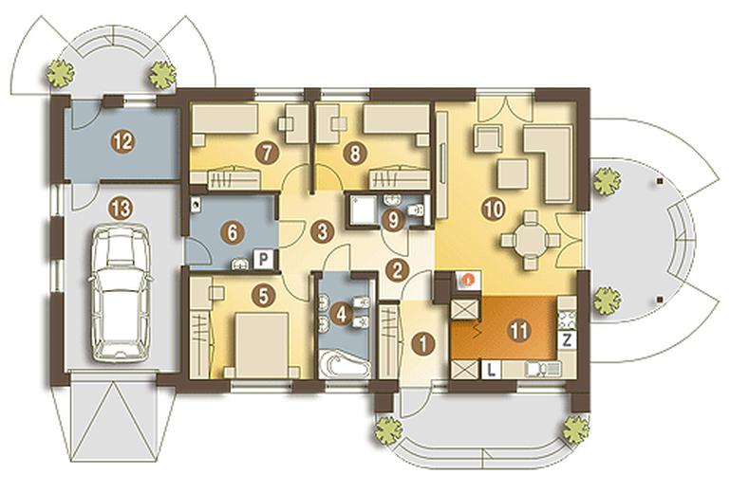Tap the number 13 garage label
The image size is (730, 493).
pos(121,209)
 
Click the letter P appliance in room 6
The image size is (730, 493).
pos(263,260)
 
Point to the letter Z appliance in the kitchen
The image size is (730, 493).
pos(567,340)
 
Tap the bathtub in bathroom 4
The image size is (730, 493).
pos(346,365)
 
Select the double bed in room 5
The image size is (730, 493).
pos(263,345)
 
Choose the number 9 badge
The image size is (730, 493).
pos(393,220)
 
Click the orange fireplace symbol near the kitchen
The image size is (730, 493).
pos(469,280)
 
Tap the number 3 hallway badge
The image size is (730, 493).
pos(323,230)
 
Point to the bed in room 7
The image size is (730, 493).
pos(225,124)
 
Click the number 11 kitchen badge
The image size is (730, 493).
pos(519,331)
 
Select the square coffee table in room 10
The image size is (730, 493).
pos(513,173)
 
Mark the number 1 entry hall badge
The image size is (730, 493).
pos(422,344)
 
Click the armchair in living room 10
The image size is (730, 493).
pos(488,138)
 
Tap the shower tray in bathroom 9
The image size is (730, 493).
pos(364,210)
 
